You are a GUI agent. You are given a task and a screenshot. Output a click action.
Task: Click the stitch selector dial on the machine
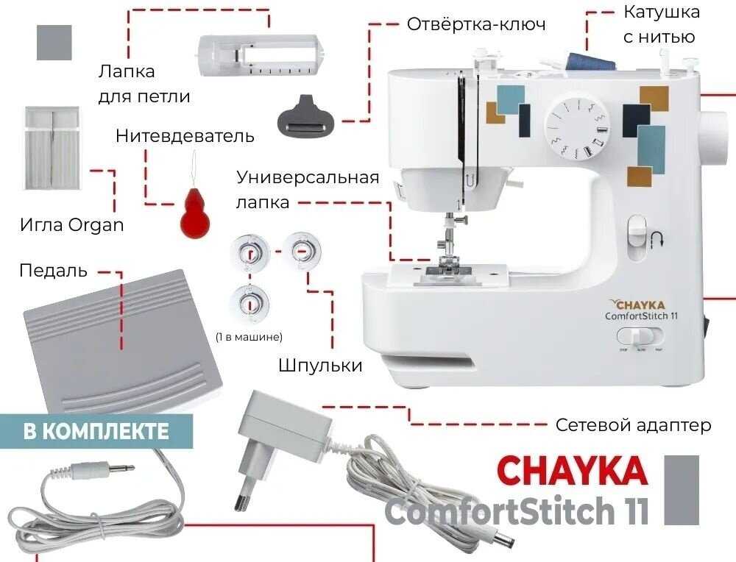tap(578, 129)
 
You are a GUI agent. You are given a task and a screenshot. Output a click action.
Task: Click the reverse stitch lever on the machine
tap(636, 234)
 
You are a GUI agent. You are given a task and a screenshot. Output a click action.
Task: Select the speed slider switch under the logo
tap(640, 337)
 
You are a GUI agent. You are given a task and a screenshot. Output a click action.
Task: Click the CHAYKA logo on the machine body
tap(638, 305)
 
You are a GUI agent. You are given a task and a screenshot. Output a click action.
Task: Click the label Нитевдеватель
tap(185, 136)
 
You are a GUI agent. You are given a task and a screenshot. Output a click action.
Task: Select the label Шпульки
tap(320, 365)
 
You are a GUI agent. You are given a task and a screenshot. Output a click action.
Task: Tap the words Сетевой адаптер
tap(633, 425)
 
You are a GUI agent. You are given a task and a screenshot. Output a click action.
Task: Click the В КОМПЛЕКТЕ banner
tap(96, 431)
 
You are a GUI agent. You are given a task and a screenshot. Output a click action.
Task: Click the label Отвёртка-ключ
tap(476, 24)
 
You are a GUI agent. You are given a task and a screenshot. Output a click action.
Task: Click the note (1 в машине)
tap(250, 336)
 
